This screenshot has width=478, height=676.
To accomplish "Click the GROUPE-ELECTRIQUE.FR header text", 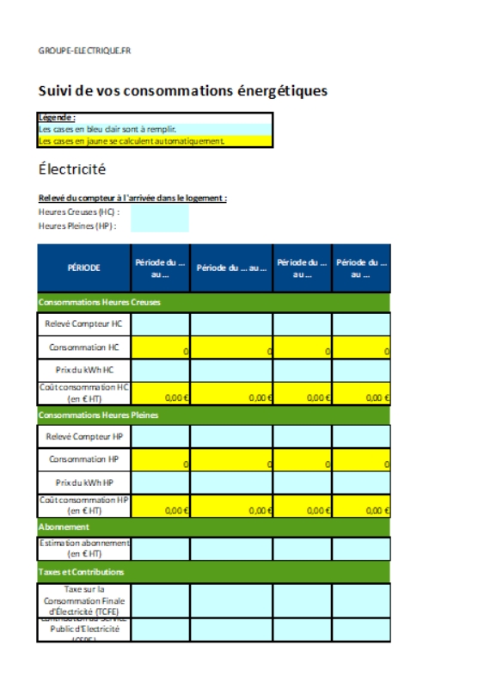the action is [84, 51].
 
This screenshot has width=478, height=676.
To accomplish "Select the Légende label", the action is [58, 117].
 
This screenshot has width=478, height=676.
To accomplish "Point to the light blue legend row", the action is [156, 129].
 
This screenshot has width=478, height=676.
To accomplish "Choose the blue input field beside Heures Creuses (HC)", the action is [159, 211].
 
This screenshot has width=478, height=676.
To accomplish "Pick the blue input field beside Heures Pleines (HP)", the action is [159, 225].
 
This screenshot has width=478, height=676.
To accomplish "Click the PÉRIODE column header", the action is [84, 267].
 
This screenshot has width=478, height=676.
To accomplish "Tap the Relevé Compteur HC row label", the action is [84, 324].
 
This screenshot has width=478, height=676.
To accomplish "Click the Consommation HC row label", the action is [84, 347].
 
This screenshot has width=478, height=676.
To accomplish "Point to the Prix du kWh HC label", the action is [84, 371].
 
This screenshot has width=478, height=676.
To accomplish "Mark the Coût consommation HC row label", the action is [84, 393].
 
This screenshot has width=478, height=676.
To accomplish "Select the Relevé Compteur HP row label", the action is [84, 437].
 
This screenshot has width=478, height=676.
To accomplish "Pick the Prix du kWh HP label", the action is [84, 482].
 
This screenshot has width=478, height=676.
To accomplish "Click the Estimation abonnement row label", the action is [84, 548].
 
